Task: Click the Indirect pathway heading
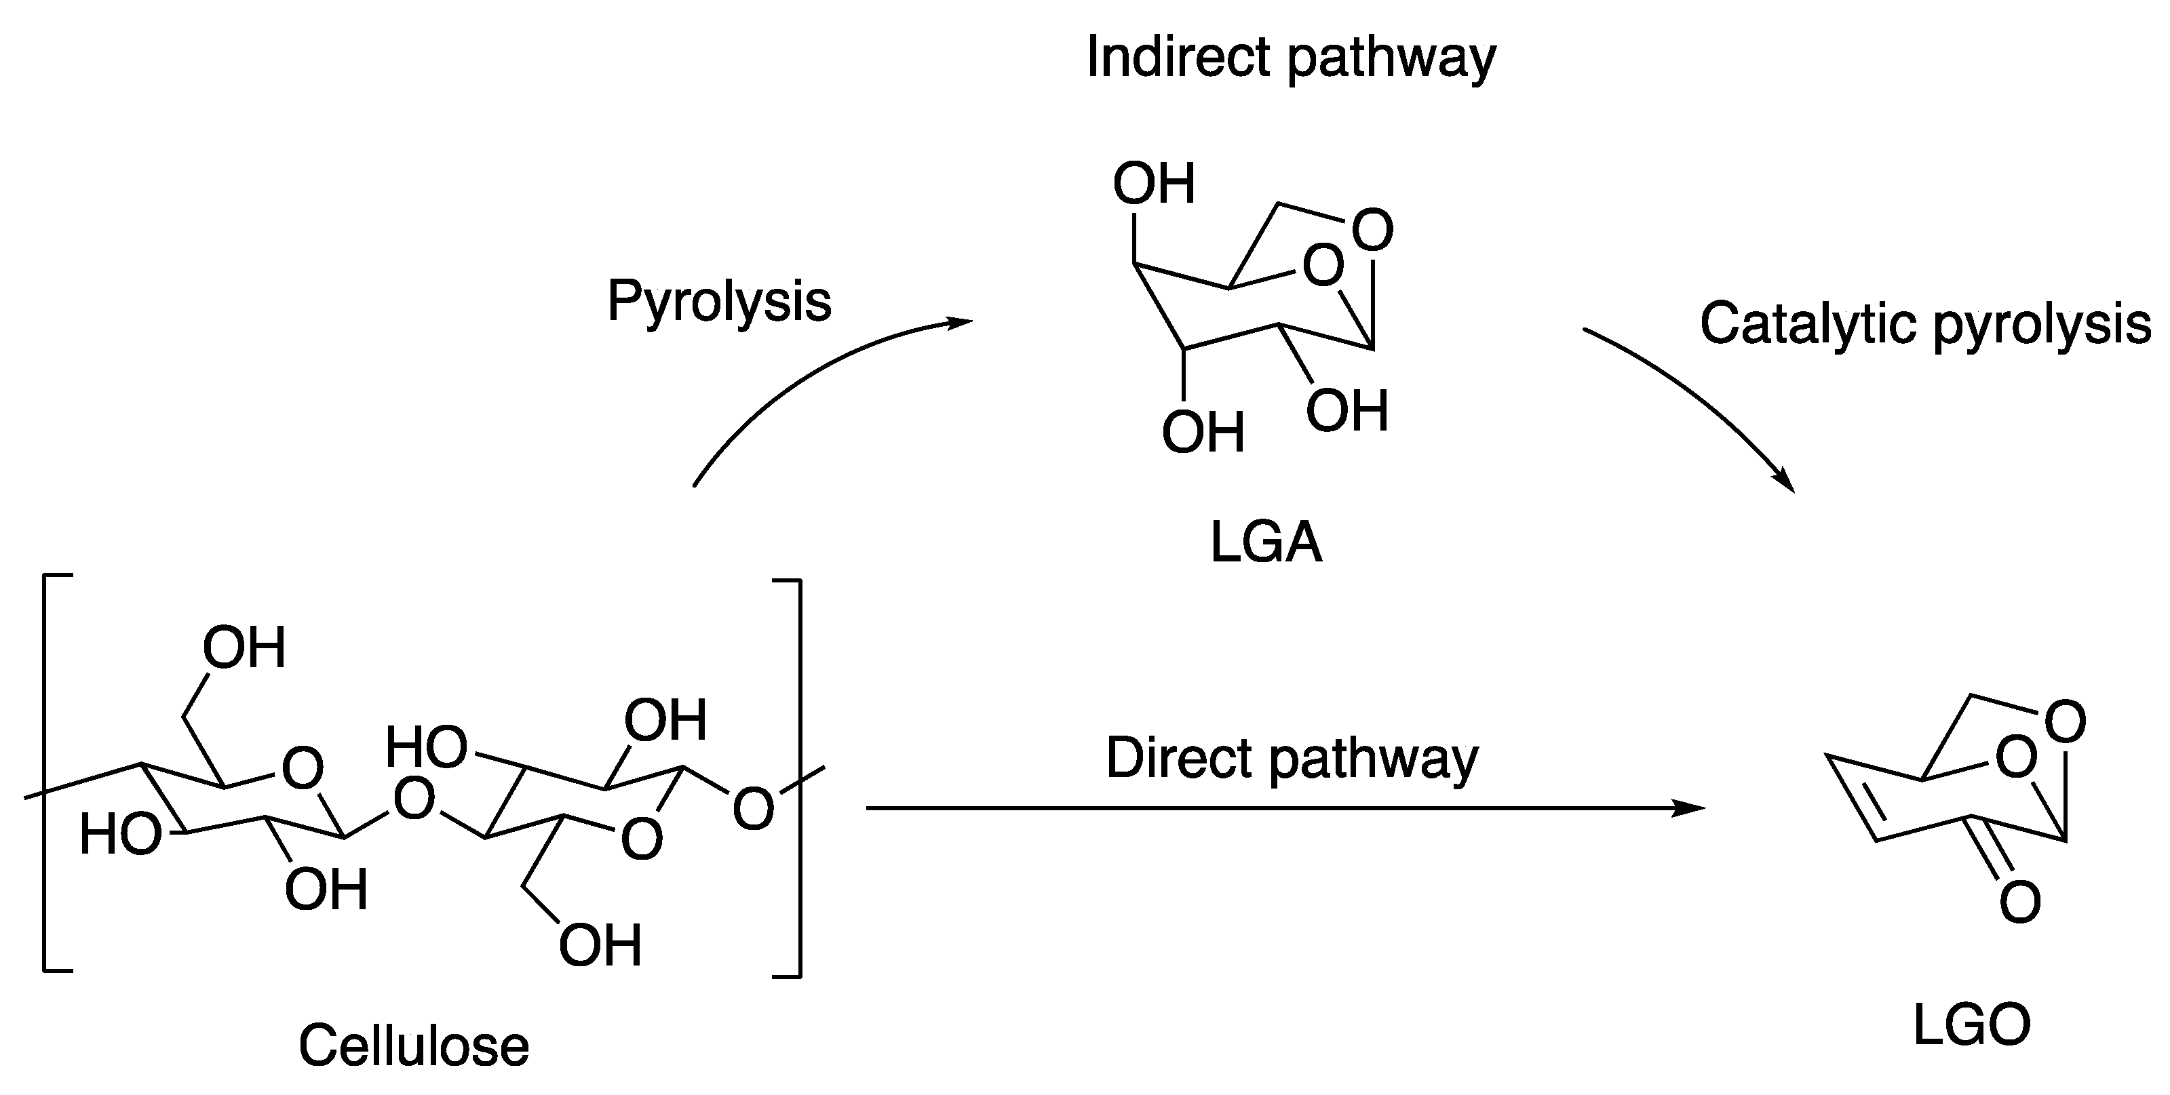(1291, 57)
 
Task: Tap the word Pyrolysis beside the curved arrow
(718, 301)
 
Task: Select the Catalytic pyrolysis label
(1926, 323)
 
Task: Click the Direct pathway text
(1292, 758)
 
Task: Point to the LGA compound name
(1265, 542)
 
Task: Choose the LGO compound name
(1972, 1026)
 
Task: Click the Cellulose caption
(414, 1046)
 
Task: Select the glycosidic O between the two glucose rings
(414, 799)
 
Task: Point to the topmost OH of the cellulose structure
(244, 648)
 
